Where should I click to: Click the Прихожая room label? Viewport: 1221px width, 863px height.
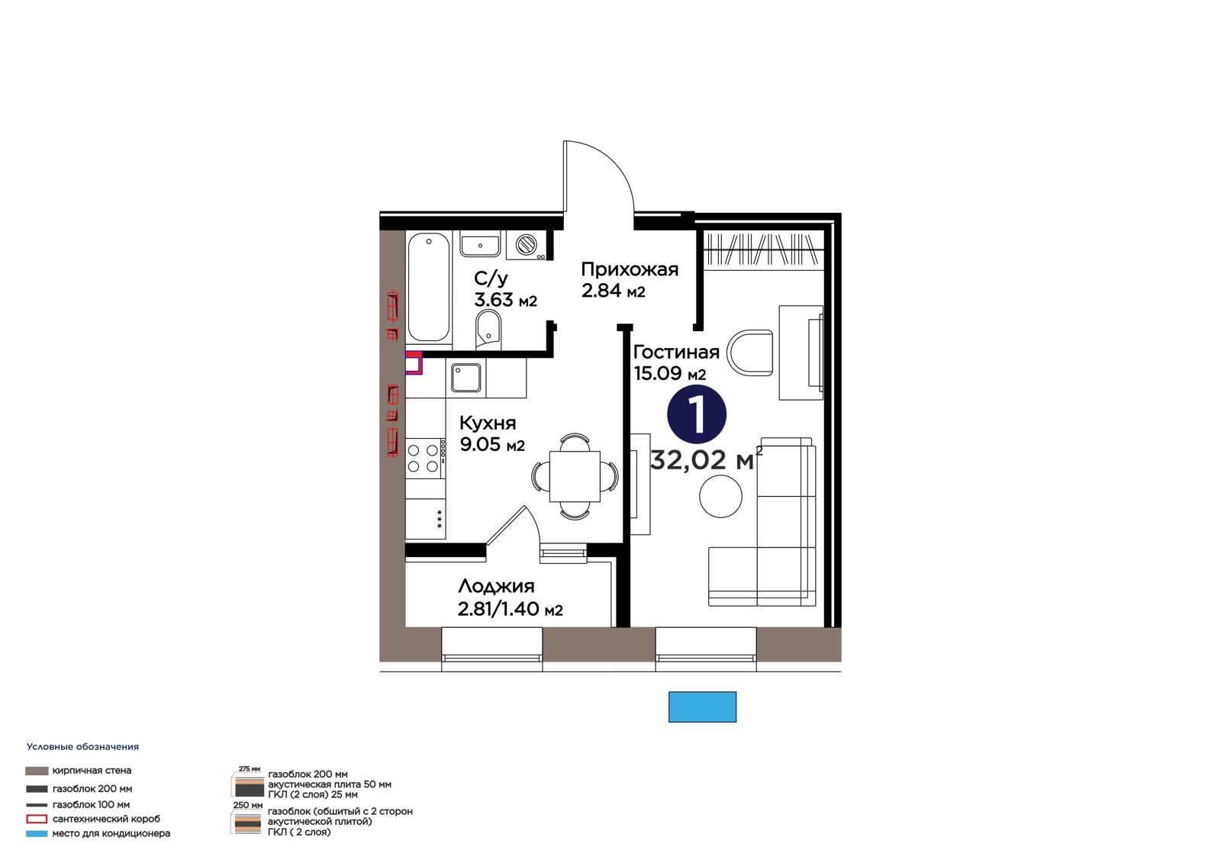coord(630,269)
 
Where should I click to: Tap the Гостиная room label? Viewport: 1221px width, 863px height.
coord(676,353)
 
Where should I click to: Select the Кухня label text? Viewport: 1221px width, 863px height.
coord(488,423)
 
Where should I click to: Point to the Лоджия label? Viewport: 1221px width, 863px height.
coord(496,586)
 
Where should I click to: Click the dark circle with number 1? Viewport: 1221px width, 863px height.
coord(697,414)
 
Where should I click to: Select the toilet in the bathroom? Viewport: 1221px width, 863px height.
coord(488,329)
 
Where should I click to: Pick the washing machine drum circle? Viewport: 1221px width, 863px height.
coord(527,244)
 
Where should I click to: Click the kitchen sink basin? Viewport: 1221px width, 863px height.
coord(466,377)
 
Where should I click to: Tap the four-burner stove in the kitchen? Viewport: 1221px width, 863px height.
coord(424,458)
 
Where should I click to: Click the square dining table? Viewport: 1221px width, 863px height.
coord(575,476)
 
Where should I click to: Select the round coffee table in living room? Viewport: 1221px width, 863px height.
coord(720,496)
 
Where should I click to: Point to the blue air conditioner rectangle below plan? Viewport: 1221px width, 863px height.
coord(702,707)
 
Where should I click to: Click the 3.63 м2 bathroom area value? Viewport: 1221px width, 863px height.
coord(505,299)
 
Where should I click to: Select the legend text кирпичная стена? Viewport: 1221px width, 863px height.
coord(92,771)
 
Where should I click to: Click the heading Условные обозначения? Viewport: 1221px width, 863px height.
coord(82,746)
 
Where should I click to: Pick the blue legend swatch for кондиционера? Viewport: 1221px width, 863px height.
coord(37,833)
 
